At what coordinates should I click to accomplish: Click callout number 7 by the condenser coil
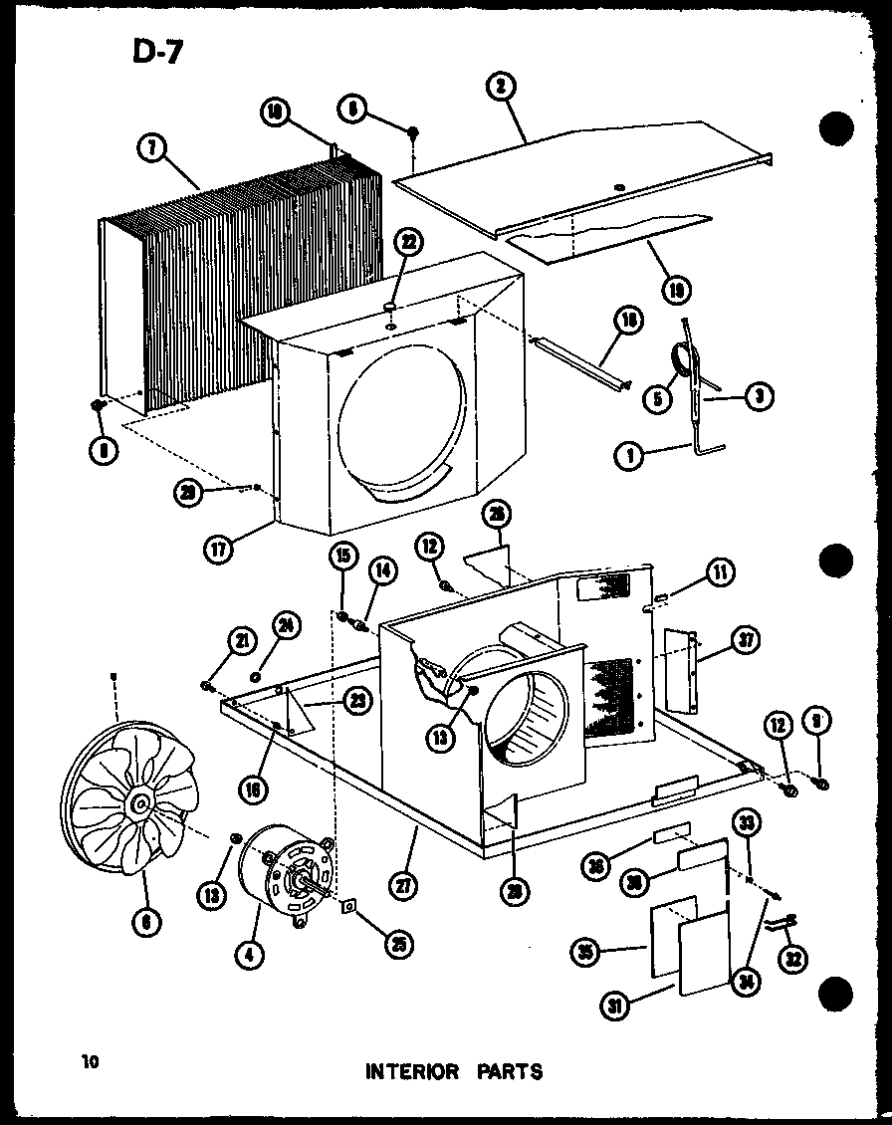click(x=149, y=149)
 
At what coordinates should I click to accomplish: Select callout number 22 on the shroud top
click(x=409, y=241)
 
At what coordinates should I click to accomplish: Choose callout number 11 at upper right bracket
click(x=721, y=570)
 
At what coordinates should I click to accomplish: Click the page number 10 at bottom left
click(x=91, y=1062)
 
